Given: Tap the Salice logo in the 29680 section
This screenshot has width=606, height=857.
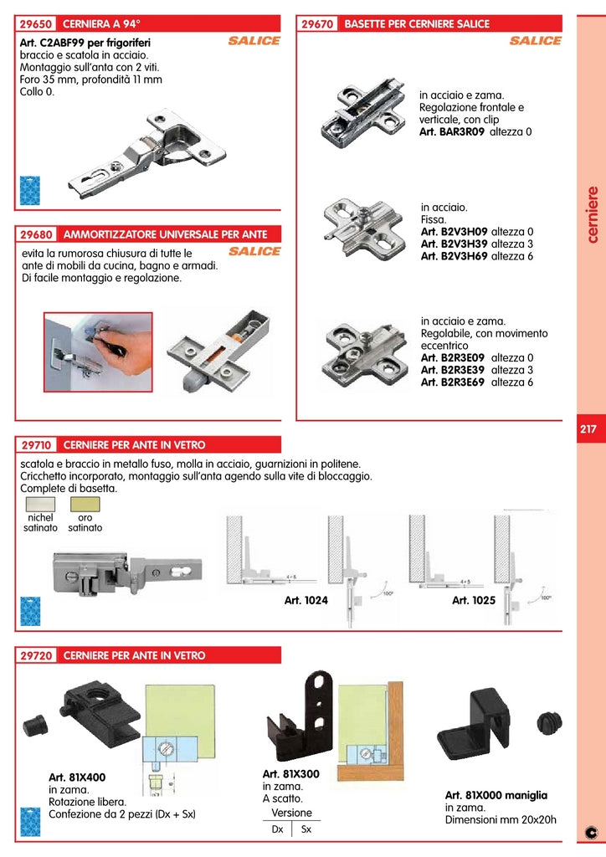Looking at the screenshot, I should [254, 251].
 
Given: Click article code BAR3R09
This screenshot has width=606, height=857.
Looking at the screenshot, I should [452, 132].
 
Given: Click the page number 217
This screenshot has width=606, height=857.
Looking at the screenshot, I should [588, 429].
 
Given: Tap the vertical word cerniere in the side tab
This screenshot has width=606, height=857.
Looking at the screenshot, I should [591, 214].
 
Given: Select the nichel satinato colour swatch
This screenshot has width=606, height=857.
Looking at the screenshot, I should [40, 504].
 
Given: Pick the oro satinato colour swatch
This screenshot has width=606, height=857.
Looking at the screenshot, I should [85, 504].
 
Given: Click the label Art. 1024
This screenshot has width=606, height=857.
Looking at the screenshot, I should [306, 601].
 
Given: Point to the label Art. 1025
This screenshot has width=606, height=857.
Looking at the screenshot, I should [474, 601].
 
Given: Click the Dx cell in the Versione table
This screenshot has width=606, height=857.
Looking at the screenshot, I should [277, 829].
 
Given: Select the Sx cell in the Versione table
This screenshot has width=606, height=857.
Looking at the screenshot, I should [306, 829].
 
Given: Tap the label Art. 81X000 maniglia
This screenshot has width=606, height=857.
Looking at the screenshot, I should [496, 795].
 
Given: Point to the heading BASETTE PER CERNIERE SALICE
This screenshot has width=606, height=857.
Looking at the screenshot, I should [417, 24].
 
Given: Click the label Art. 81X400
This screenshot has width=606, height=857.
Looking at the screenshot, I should [77, 777].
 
